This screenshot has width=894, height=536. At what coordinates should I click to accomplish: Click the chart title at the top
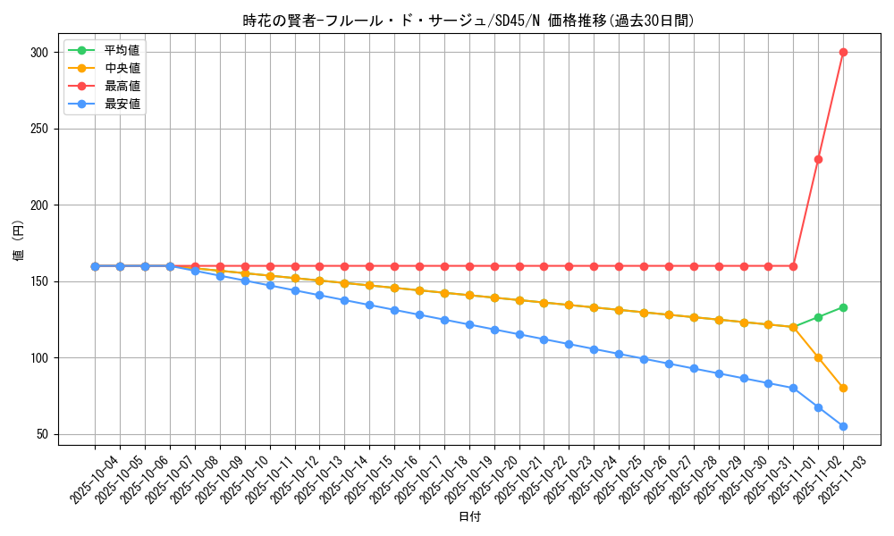click(468, 21)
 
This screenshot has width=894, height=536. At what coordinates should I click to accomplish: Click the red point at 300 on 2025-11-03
click(843, 52)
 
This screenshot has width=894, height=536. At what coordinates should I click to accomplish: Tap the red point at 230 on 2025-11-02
click(818, 159)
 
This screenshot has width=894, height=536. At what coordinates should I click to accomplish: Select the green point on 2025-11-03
click(843, 307)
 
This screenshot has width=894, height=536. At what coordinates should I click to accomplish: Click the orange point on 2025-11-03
click(843, 388)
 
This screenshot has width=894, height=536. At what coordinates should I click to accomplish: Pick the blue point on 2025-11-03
click(843, 426)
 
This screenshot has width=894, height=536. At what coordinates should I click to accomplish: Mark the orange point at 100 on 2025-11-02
click(818, 357)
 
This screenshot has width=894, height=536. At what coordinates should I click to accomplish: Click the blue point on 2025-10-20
click(494, 330)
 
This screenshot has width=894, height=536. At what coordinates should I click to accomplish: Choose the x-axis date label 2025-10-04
click(95, 480)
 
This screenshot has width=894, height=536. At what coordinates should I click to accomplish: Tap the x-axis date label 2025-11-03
click(843, 480)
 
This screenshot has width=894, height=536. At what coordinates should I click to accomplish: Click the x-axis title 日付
click(469, 517)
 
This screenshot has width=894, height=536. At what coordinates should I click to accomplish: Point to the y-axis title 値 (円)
click(18, 241)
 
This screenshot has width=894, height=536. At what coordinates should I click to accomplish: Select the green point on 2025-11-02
click(818, 317)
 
